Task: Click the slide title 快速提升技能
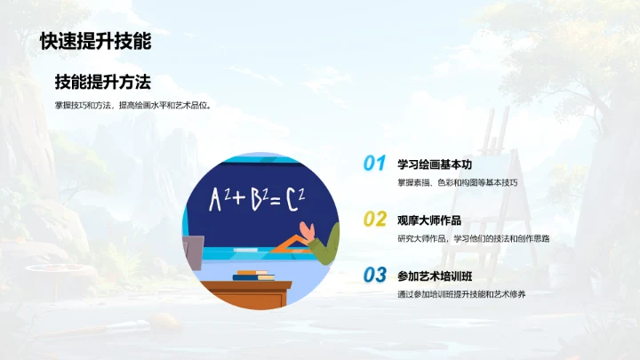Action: tap(95, 41)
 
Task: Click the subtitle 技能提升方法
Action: tap(102, 83)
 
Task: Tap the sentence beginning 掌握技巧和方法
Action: tap(137, 106)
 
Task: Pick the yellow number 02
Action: tap(374, 219)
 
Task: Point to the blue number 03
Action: tap(374, 275)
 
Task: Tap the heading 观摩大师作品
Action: tap(429, 219)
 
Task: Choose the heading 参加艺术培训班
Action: tap(436, 275)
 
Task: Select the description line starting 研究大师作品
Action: tap(473, 238)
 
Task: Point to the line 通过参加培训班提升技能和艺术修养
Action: tap(463, 294)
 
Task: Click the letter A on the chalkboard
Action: tap(215, 201)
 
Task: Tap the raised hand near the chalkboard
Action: tap(308, 232)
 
